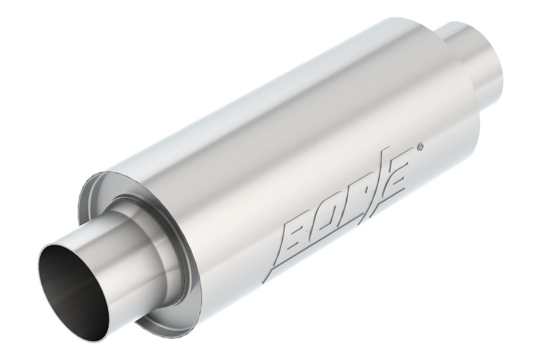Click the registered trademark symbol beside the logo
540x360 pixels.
coord(421,145)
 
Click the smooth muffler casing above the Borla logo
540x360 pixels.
coord(283,135)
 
